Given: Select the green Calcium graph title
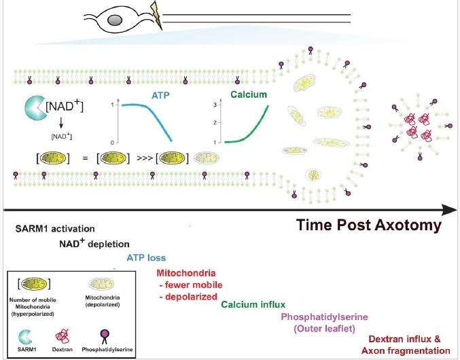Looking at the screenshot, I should click(248, 95).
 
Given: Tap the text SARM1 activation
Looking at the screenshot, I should click(55, 229).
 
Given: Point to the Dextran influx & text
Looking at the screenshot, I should click(409, 338).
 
